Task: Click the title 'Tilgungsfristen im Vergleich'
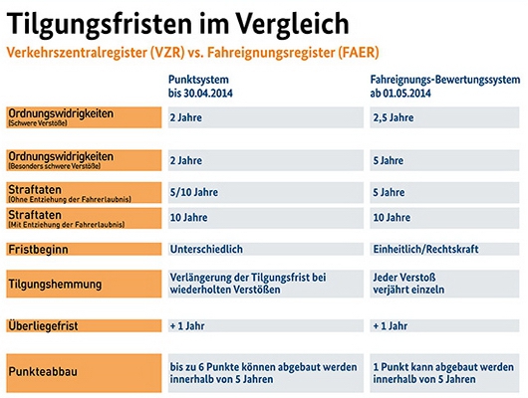(x=177, y=24)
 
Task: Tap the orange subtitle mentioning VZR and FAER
(x=192, y=53)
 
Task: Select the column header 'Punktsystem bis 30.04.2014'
(x=200, y=87)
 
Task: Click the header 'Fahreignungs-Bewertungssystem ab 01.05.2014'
(x=445, y=87)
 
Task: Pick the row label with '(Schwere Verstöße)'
(x=84, y=117)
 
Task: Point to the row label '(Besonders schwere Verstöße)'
(x=84, y=160)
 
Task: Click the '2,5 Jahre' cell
(x=444, y=117)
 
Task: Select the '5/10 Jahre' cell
(x=266, y=192)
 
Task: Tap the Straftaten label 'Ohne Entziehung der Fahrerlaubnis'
(x=84, y=193)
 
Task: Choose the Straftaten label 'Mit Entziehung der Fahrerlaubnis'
(x=84, y=218)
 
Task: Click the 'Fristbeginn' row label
(x=84, y=250)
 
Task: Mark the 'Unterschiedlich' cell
(x=266, y=249)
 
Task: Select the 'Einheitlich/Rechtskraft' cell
(x=444, y=249)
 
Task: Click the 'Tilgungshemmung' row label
(x=84, y=284)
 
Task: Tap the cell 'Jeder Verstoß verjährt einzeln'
(x=444, y=284)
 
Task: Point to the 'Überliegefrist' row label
(x=84, y=325)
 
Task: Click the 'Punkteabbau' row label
(x=84, y=373)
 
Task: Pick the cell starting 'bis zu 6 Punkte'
(x=266, y=373)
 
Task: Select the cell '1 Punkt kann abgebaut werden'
(x=444, y=373)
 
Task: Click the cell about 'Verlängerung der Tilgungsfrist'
(x=266, y=284)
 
